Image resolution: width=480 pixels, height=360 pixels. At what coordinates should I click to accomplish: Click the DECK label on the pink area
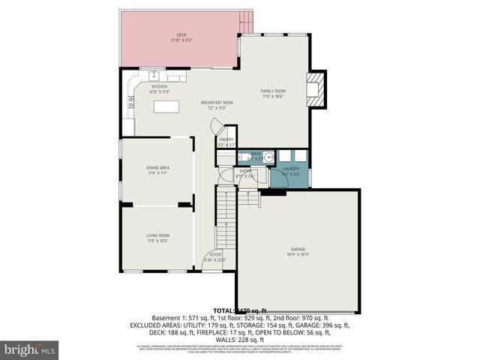point(181,34)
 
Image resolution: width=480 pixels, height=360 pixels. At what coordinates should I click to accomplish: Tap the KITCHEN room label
point(160,86)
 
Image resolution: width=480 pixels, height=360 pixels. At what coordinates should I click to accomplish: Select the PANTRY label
point(226,139)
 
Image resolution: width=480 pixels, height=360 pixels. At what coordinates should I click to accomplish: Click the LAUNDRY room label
point(291,169)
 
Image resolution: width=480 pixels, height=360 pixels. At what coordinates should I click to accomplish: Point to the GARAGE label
point(298,249)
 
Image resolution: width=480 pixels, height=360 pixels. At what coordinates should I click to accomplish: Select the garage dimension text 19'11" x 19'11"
point(298,255)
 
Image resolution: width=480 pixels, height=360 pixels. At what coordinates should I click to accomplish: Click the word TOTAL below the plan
point(223,310)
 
